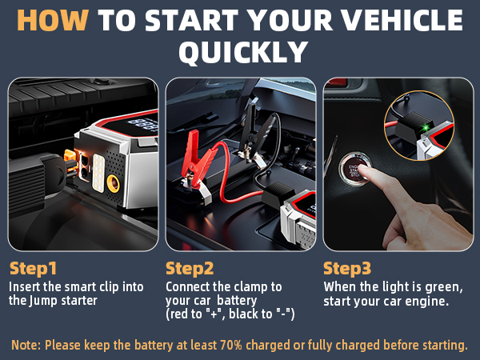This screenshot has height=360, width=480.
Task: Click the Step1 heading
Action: tap(33, 268)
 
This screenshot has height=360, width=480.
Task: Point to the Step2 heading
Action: tap(190, 268)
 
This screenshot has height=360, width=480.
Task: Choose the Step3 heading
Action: tap(348, 268)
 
